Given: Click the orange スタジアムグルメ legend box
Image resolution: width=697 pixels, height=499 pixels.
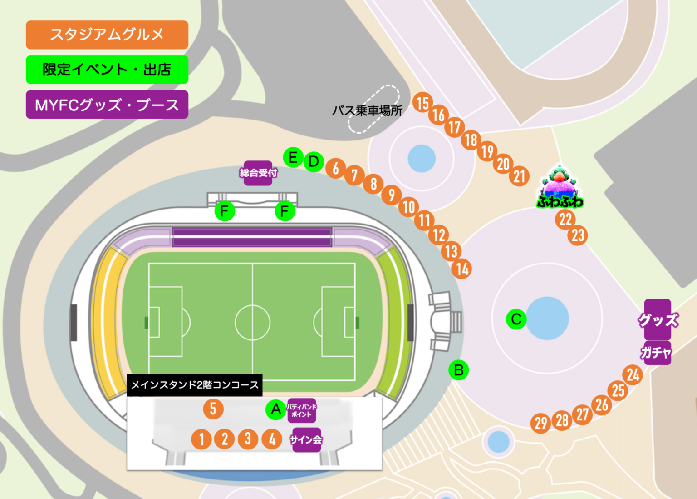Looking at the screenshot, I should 107,35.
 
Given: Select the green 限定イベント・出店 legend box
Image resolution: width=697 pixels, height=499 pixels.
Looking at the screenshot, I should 107,70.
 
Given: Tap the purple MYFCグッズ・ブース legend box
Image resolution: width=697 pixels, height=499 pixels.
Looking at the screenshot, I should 107,105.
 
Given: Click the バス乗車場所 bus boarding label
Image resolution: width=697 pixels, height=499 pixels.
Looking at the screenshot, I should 367,110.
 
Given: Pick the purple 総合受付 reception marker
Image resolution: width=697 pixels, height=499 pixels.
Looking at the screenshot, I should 258,173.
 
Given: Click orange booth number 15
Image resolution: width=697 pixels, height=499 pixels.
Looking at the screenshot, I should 422,103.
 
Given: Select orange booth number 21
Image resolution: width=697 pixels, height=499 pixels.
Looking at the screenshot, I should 520,176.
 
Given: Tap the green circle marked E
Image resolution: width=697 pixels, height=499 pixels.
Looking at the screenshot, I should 293,158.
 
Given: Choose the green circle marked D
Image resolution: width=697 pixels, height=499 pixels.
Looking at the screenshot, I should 314,161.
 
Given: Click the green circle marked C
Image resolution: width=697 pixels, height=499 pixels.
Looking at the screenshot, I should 516,319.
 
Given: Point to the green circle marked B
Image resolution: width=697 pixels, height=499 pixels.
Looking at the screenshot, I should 458,370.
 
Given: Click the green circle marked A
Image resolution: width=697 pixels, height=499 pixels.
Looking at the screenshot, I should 275,409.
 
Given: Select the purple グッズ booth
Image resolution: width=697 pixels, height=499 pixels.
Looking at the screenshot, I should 658,319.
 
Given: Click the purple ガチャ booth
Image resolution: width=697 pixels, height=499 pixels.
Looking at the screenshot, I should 657,353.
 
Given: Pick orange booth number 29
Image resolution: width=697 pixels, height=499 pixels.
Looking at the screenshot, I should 540,423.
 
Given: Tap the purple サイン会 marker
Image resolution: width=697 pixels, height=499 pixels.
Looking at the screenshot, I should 306,439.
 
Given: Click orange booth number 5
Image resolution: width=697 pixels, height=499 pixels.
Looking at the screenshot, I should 213,409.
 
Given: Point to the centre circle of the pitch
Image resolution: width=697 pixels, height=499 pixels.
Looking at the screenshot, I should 252,322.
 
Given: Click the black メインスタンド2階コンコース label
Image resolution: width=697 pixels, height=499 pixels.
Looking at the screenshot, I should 195,385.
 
